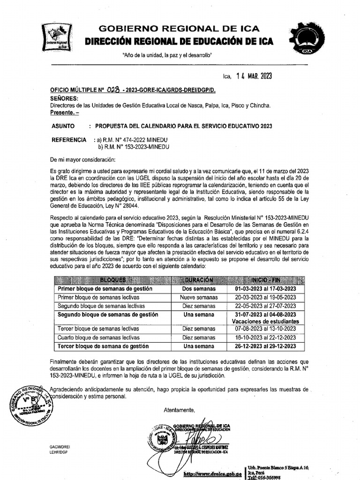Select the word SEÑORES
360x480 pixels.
click(64, 99)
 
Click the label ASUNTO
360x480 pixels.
click(62, 127)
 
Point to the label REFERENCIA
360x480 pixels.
click(69, 140)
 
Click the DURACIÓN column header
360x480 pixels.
click(199, 280)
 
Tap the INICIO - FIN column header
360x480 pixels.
click(265, 280)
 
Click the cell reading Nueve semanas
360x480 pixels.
click(199, 297)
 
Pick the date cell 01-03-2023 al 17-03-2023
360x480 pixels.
click(265, 289)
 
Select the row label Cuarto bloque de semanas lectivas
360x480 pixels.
click(98, 337)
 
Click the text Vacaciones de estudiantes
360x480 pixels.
click(265, 322)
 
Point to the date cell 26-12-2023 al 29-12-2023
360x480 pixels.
click(265, 346)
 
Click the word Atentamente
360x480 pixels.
click(179, 410)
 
